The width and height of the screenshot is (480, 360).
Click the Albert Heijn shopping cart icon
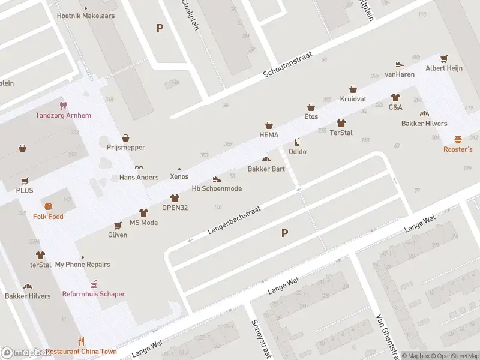point(444,59)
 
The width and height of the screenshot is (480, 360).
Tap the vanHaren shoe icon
point(400,65)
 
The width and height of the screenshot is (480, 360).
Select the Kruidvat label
point(353,99)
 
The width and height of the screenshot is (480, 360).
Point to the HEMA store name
point(269,135)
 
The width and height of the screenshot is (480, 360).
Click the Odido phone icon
point(297,142)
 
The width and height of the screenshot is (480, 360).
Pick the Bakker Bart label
point(266,169)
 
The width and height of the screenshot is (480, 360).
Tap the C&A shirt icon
point(395,97)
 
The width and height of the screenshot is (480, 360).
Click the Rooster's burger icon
point(458,139)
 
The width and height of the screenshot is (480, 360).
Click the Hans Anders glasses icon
point(139,167)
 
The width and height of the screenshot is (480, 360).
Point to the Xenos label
point(179,176)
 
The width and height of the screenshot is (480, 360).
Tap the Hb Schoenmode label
point(217,188)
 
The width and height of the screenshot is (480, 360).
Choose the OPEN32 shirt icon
point(175,198)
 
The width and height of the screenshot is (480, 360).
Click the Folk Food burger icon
point(48,206)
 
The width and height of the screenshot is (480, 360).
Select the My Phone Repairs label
point(83,265)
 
